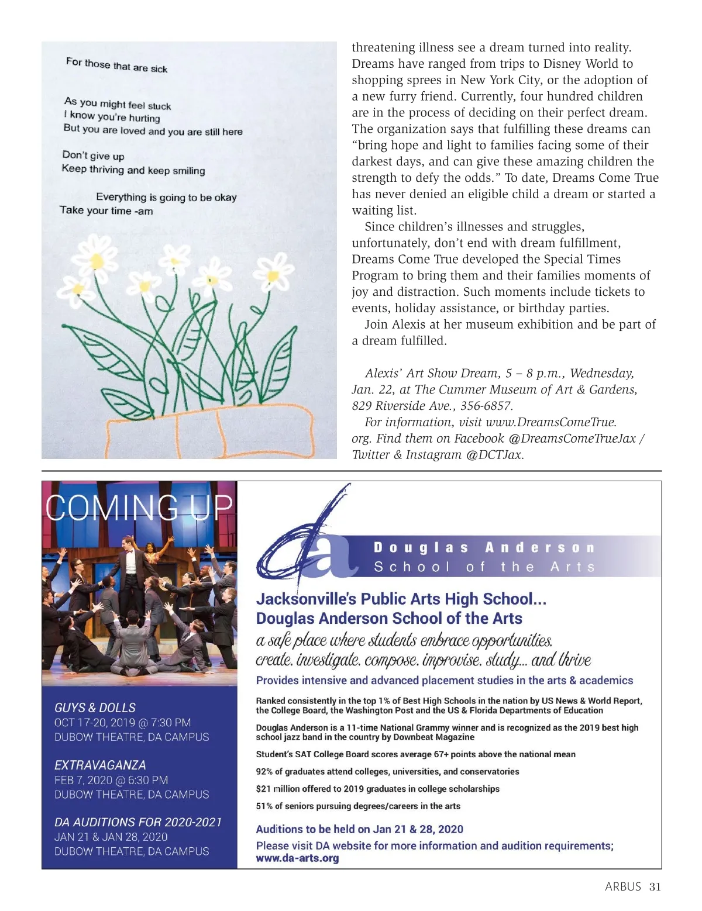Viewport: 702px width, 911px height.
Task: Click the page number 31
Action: click(x=655, y=887)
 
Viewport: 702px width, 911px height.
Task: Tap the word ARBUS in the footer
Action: click(x=623, y=887)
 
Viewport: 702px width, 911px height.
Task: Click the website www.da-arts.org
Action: click(x=297, y=858)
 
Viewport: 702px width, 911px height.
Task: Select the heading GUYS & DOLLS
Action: click(x=95, y=708)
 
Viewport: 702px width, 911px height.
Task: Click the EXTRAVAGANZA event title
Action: click(x=100, y=765)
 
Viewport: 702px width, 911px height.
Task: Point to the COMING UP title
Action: click(x=139, y=507)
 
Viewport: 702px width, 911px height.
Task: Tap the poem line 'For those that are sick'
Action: click(x=116, y=65)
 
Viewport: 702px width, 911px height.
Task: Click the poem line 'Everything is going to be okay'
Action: click(x=166, y=198)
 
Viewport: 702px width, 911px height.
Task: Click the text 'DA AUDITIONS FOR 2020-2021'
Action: click(x=138, y=822)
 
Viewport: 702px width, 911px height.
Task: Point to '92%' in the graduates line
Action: click(x=264, y=772)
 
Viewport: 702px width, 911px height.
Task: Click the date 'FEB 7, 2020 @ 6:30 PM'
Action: click(x=111, y=780)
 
